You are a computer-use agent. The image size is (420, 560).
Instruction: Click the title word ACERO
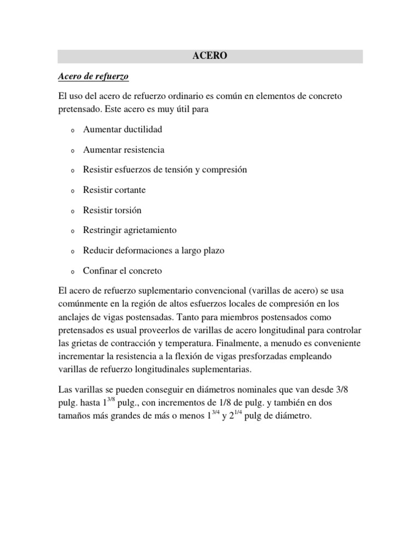[210, 56]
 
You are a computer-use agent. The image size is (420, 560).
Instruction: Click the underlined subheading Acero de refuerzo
[93, 76]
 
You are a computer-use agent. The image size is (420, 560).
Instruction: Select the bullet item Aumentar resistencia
[124, 150]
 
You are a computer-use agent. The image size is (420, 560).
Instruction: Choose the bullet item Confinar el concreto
[122, 271]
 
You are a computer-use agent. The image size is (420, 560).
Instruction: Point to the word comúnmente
[83, 304]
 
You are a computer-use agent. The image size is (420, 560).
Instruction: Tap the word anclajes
[74, 317]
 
